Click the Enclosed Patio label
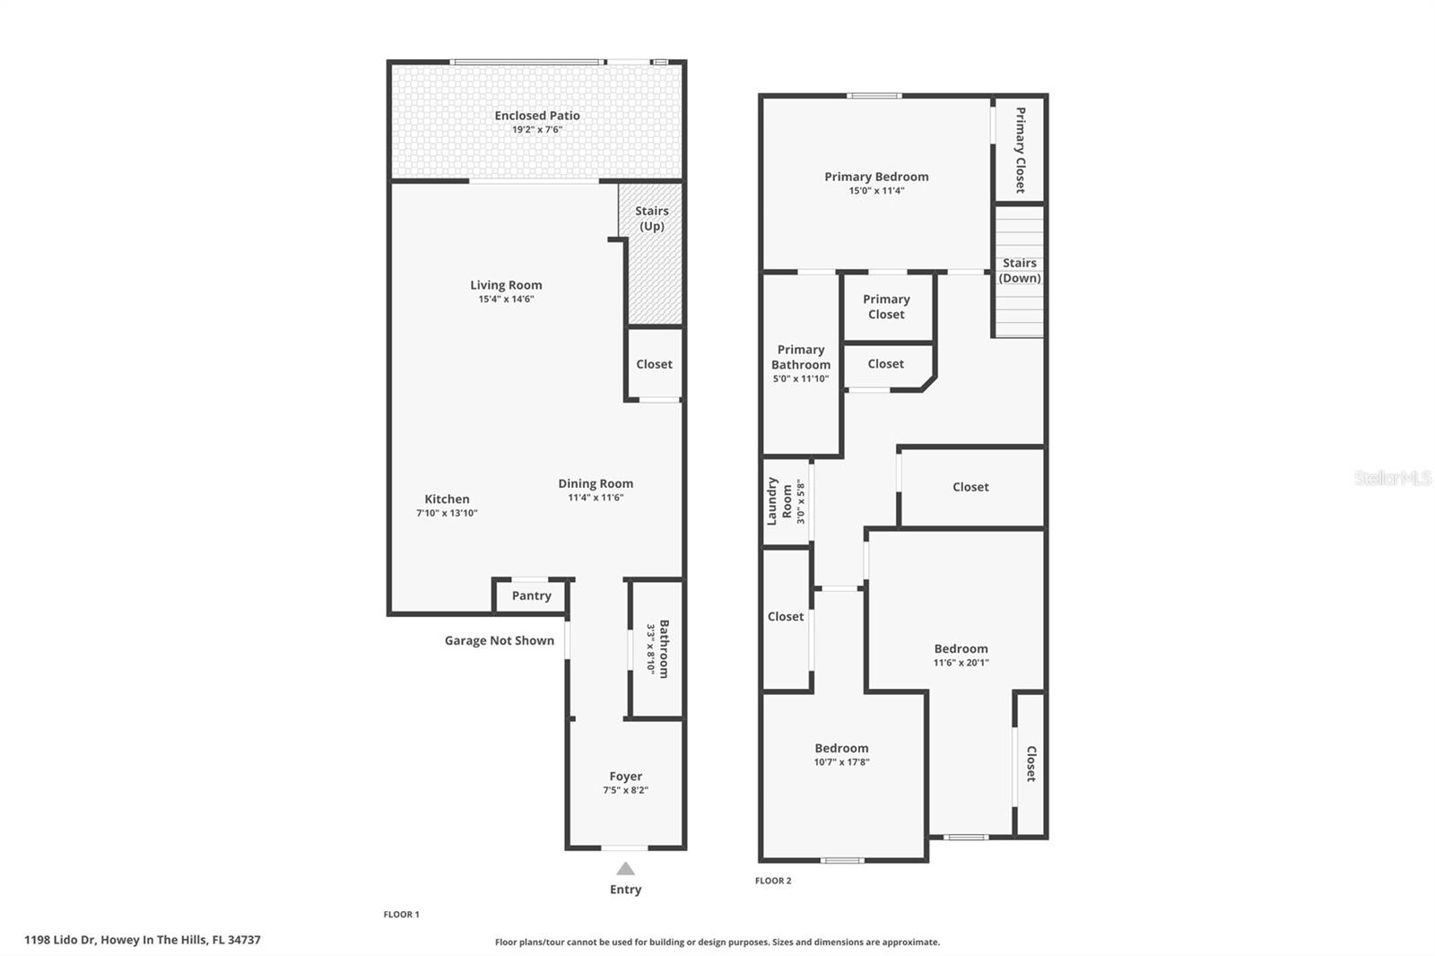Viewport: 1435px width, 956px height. (x=537, y=116)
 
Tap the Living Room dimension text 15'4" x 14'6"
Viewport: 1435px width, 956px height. (x=506, y=300)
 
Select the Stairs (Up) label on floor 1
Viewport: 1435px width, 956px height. (x=652, y=218)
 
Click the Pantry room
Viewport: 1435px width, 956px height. (x=531, y=595)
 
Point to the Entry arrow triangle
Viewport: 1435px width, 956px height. (x=625, y=868)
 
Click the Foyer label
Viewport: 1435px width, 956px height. (x=625, y=777)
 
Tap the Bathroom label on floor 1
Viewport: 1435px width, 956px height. (x=664, y=648)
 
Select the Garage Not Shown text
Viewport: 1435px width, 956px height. (x=499, y=640)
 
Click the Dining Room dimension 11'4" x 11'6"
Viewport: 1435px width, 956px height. (x=596, y=498)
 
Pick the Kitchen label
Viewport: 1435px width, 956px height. (x=447, y=500)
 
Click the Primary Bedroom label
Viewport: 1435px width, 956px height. (x=876, y=177)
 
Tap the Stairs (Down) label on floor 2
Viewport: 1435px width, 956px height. (x=1020, y=270)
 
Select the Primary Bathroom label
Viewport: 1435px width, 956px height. (x=801, y=357)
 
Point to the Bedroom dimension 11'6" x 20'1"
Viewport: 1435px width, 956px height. (x=961, y=663)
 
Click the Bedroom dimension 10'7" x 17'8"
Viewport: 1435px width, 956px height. (x=841, y=762)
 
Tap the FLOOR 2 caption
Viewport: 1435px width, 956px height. (x=773, y=881)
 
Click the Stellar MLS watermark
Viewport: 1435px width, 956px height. (x=1392, y=478)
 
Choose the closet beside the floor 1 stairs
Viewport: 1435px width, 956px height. (x=654, y=364)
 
